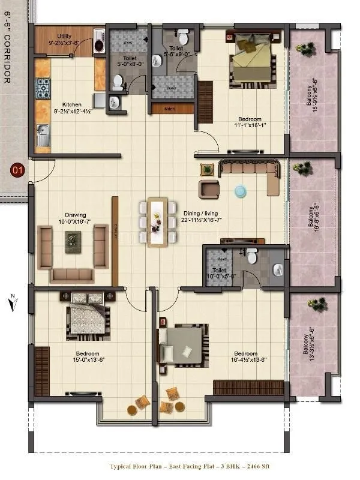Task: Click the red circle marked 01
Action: tap(17, 170)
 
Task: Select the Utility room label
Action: tap(64, 37)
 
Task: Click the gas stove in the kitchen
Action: tap(43, 88)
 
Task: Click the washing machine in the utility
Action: tap(100, 45)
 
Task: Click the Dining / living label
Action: tap(198, 212)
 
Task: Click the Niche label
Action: tap(169, 109)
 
